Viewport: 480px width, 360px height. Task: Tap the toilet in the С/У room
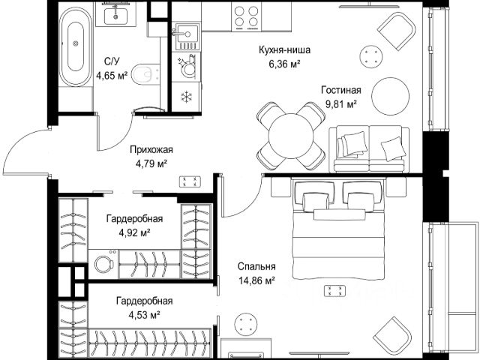146,73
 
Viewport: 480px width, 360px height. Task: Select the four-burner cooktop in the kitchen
246,16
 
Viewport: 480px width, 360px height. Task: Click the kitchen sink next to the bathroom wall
185,37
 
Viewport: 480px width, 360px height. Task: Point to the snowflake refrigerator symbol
185,97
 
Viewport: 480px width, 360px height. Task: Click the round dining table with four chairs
291,136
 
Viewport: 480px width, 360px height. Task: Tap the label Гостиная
341,90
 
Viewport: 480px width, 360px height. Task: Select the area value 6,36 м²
284,64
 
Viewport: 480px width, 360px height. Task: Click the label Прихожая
151,150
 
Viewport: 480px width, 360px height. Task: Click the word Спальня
256,267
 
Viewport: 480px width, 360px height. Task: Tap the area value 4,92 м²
134,233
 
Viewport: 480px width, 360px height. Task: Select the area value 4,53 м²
144,315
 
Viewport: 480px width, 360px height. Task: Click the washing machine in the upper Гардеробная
103,264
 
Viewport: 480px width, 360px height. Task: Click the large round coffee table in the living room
390,96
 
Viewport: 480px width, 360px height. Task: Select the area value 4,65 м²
112,75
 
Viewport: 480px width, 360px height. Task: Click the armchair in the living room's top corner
397,32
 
